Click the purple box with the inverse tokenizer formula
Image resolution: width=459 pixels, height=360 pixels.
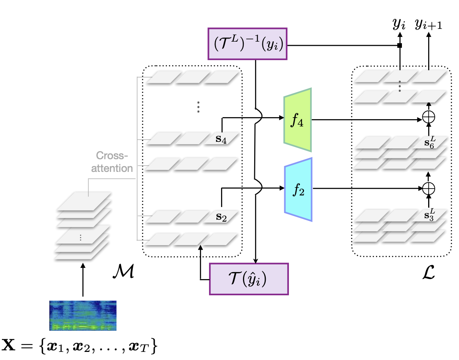tap(247, 44)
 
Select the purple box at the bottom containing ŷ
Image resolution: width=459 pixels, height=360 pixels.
tap(249, 279)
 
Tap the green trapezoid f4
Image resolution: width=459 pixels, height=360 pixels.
tap(298, 120)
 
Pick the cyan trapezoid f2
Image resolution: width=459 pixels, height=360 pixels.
tap(298, 190)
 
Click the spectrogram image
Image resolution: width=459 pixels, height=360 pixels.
tap(83, 316)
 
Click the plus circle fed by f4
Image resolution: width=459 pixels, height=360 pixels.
tap(429, 117)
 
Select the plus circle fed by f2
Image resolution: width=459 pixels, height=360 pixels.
tap(429, 188)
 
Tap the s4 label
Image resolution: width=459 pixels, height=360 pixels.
tap(221, 140)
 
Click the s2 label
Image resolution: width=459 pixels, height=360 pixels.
tap(221, 217)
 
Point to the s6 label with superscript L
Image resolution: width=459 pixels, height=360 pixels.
tap(430, 142)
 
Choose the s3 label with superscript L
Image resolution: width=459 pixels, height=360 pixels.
tap(430, 214)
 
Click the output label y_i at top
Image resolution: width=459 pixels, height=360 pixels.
tap(399, 24)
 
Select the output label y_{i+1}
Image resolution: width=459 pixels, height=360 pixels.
tap(429, 24)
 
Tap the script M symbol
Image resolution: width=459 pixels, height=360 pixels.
tap(123, 271)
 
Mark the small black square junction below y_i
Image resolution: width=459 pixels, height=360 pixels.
tap(400, 45)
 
